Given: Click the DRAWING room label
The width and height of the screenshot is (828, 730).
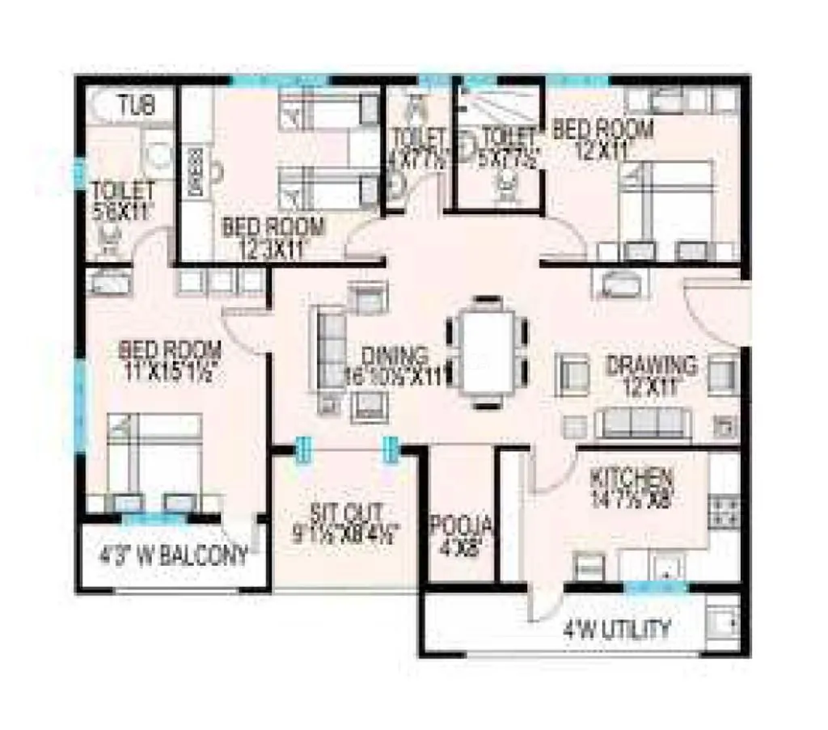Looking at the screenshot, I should [x=652, y=365].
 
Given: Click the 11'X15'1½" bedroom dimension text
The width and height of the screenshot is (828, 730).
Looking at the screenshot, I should [x=171, y=374].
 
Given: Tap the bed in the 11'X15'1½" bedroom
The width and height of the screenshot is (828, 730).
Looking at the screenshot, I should [x=154, y=457].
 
